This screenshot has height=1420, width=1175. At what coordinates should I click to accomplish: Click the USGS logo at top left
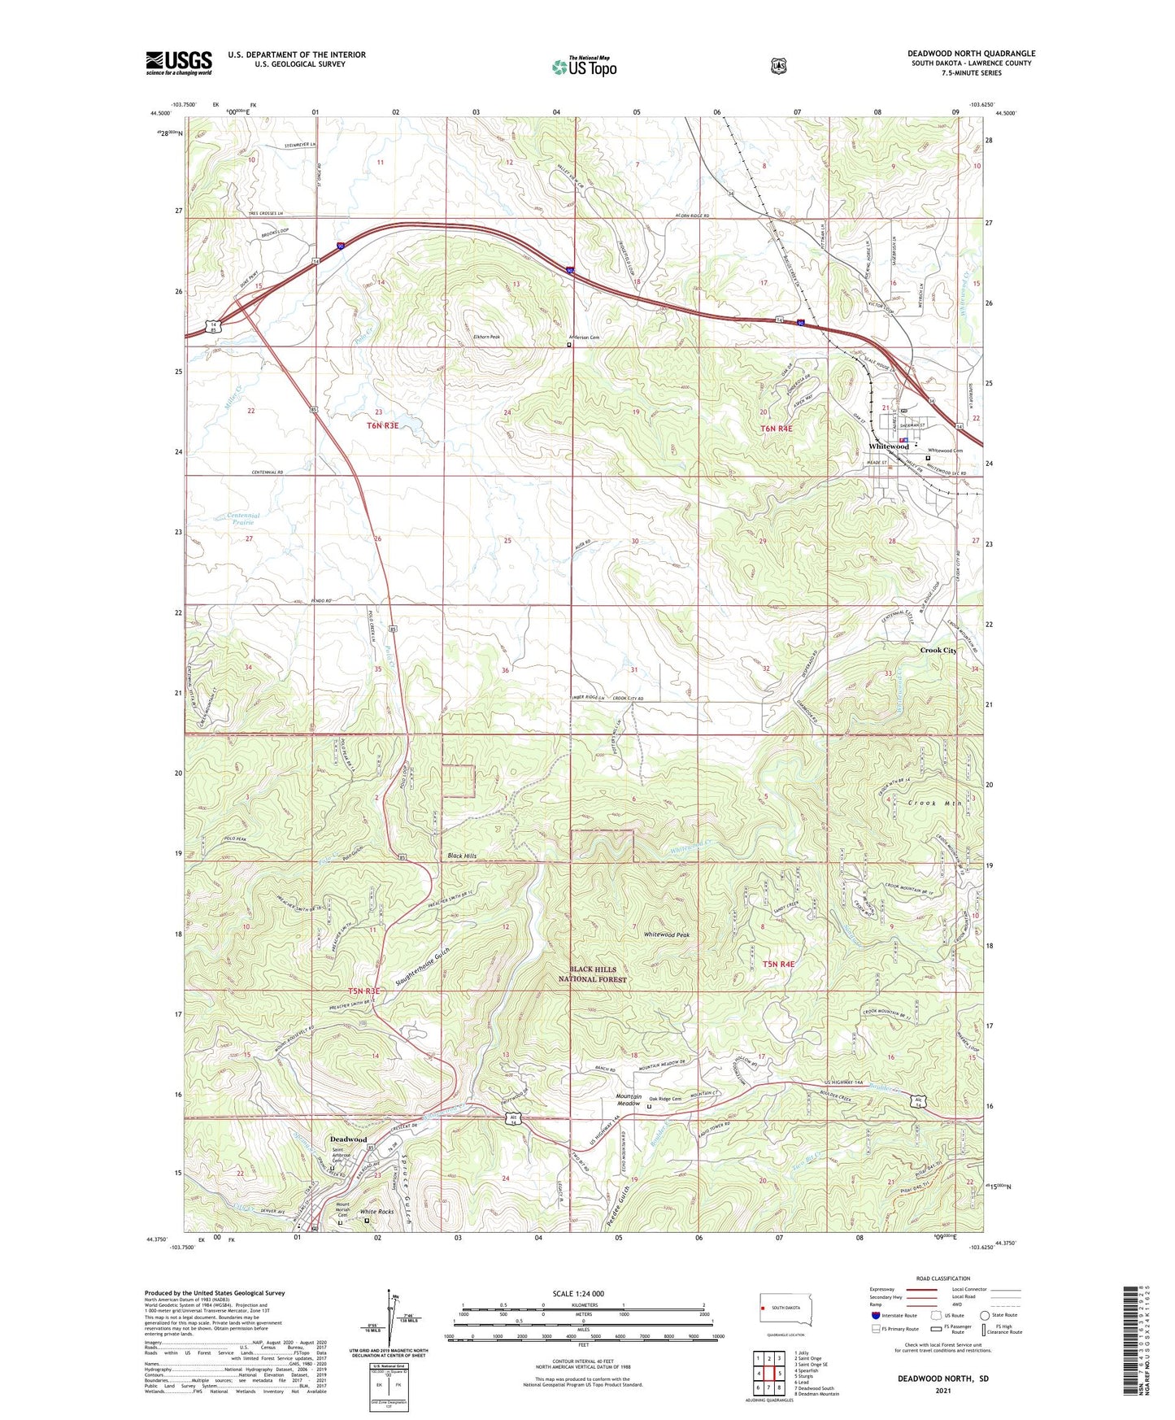coord(179,63)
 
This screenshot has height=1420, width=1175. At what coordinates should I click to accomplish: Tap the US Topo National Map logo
coord(583,66)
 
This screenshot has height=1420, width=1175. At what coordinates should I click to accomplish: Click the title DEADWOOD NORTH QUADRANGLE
coord(971,54)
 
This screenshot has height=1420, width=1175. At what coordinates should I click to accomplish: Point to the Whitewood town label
coord(889,446)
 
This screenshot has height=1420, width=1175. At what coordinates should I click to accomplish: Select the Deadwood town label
coord(348,1139)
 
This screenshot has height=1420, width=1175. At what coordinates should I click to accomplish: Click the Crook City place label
coord(938,651)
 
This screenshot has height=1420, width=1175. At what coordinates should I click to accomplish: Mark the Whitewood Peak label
coord(666,935)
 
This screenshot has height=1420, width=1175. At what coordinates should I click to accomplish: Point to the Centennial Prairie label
coord(243,519)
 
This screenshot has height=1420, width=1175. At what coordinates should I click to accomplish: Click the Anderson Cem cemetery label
coord(583,338)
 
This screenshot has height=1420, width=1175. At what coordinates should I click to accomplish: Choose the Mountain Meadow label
coord(628,1100)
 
